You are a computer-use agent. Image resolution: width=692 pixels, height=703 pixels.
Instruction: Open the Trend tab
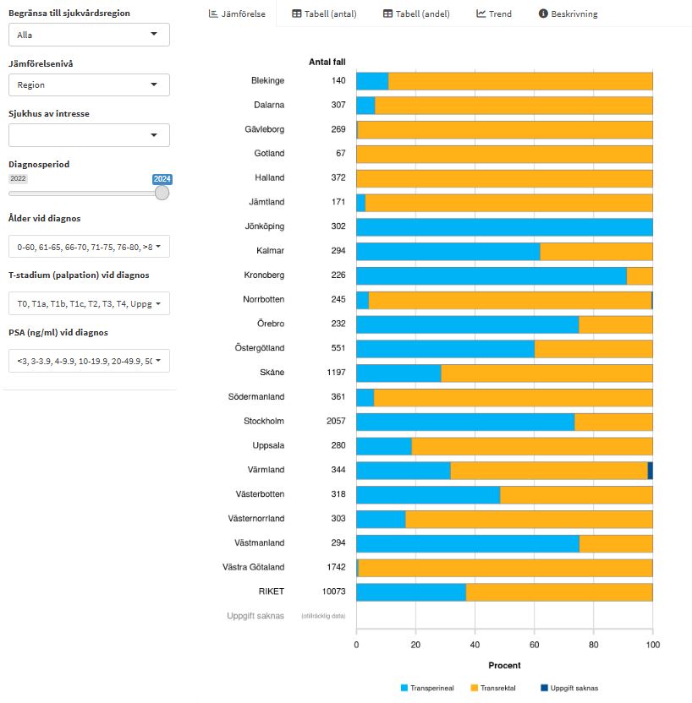(494, 14)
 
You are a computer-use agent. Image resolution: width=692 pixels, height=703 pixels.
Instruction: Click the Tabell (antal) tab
(325, 14)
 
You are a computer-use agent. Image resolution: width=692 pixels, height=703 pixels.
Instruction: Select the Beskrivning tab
(568, 14)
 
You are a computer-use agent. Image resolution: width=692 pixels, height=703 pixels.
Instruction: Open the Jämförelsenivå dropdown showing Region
(89, 84)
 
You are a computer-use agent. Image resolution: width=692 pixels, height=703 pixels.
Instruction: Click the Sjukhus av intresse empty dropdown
(89, 135)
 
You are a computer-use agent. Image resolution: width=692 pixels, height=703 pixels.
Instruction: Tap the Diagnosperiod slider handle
(162, 193)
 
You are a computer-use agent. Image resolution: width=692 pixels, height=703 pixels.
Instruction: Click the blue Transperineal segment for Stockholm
(464, 422)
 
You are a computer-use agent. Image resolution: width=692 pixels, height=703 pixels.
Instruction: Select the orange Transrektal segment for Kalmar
(596, 251)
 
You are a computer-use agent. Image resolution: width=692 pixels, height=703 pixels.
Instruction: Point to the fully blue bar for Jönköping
(504, 226)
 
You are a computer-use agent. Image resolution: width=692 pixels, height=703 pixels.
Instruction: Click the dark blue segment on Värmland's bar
(650, 471)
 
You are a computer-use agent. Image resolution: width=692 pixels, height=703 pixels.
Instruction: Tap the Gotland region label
(269, 154)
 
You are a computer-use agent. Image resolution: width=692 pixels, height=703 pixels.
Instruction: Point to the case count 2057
(336, 422)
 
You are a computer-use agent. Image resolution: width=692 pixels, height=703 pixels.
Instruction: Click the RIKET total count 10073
(333, 591)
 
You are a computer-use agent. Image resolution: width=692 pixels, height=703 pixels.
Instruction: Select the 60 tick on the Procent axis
(534, 644)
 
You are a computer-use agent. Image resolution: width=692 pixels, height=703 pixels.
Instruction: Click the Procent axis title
(504, 666)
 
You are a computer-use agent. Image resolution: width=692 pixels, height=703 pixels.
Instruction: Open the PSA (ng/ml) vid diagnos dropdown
(89, 361)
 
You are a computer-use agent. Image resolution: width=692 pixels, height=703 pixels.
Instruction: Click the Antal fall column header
(327, 62)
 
